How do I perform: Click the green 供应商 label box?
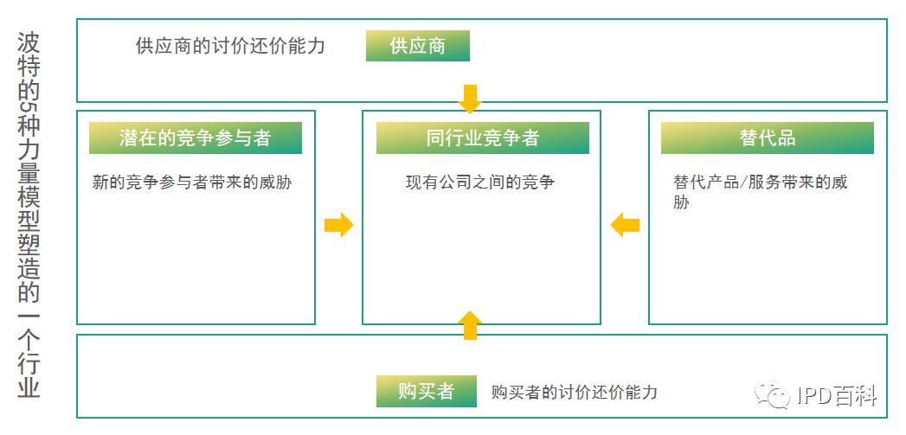[x=417, y=46]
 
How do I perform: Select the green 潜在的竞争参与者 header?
[x=195, y=138]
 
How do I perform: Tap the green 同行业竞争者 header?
[x=482, y=138]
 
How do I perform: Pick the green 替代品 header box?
[x=767, y=138]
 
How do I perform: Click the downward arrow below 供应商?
[x=469, y=99]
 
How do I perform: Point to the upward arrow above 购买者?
[x=469, y=325]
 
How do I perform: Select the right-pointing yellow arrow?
[x=338, y=225]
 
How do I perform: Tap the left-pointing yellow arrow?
[x=625, y=225]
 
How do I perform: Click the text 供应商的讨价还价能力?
[x=230, y=46]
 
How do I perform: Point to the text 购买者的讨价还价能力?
[x=574, y=392]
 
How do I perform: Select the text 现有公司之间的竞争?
[x=479, y=182]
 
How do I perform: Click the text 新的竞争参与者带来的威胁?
[x=191, y=182]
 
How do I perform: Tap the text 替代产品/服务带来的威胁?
[x=760, y=192]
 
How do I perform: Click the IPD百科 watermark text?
[x=837, y=396]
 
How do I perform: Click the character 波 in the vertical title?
[x=29, y=43]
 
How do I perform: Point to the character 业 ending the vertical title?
[x=29, y=387]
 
